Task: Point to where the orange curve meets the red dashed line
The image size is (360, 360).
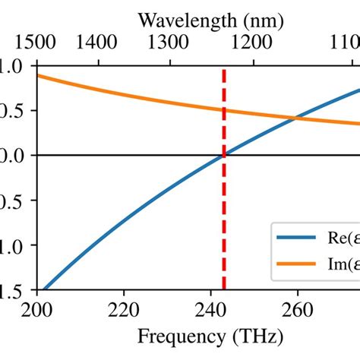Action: click(x=223, y=110)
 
